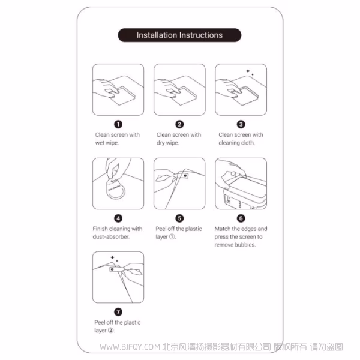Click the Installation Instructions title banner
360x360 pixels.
(x=179, y=35)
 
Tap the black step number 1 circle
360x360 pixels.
(x=118, y=124)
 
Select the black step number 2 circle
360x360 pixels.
(x=179, y=124)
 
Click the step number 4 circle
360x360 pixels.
(x=118, y=218)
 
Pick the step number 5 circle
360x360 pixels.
(x=179, y=218)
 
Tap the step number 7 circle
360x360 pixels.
(x=118, y=312)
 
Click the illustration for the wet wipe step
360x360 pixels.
(x=118, y=89)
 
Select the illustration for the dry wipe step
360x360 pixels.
(x=179, y=89)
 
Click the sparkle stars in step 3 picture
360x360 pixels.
(x=249, y=72)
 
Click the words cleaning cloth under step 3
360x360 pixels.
(x=238, y=143)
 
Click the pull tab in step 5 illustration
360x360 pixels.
(x=184, y=176)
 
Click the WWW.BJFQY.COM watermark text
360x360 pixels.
(x=130, y=347)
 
